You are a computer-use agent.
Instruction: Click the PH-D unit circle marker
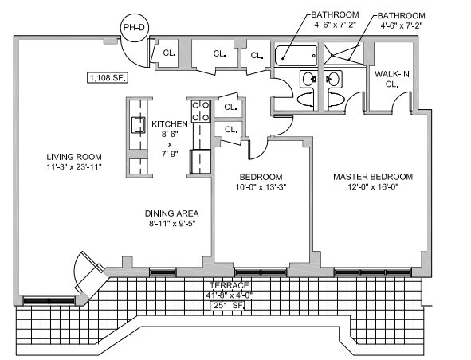[134, 28]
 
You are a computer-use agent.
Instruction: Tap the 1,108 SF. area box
[108, 78]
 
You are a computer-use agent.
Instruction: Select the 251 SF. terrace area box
[228, 306]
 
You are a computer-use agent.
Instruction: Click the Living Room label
[74, 157]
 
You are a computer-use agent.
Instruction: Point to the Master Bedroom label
[373, 177]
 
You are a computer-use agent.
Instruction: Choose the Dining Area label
[172, 213]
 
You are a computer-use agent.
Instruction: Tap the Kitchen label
[170, 124]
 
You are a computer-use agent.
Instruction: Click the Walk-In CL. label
[391, 79]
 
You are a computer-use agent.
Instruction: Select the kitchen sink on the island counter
[139, 125]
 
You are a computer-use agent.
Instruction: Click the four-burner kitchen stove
[201, 111]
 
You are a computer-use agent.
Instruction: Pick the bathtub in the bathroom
[296, 56]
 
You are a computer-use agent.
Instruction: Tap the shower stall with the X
[343, 54]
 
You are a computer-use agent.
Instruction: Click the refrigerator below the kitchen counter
[200, 162]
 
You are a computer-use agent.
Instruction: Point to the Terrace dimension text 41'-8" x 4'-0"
[229, 295]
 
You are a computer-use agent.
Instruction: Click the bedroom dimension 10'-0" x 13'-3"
[261, 187]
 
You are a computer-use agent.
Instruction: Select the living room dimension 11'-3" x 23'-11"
[74, 167]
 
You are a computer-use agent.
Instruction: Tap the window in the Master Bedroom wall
[372, 272]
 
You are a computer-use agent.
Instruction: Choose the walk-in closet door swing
[401, 100]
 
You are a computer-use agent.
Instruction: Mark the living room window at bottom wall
[49, 300]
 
